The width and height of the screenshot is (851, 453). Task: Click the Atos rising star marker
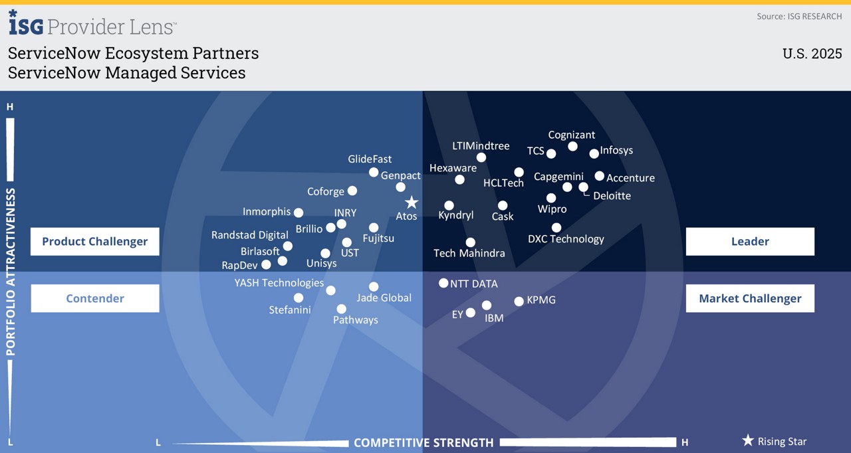tap(412, 202)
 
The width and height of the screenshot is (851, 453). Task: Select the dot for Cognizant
tap(572, 146)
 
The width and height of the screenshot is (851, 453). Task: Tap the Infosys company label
tap(616, 150)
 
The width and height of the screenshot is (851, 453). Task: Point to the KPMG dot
tap(519, 302)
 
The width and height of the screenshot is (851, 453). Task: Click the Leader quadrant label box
tap(750, 242)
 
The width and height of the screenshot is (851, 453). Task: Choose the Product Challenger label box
tap(94, 242)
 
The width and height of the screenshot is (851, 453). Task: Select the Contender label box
tap(94, 298)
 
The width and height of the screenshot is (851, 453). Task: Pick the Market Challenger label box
tap(750, 298)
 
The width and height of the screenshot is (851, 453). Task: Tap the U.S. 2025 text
tap(812, 54)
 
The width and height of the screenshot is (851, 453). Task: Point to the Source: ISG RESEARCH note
tap(799, 16)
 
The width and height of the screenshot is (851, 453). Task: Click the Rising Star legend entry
tap(774, 441)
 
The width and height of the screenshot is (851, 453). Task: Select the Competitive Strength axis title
tap(424, 442)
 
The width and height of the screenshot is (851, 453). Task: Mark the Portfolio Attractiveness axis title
tap(11, 272)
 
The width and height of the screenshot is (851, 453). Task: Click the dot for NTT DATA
tap(443, 283)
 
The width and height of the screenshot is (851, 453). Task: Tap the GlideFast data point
tap(374, 173)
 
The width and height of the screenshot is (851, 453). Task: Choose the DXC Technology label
tap(566, 239)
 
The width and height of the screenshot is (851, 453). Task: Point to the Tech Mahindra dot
tap(470, 242)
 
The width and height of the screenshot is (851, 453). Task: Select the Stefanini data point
tap(299, 298)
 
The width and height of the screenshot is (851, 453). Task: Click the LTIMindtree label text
tap(481, 146)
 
